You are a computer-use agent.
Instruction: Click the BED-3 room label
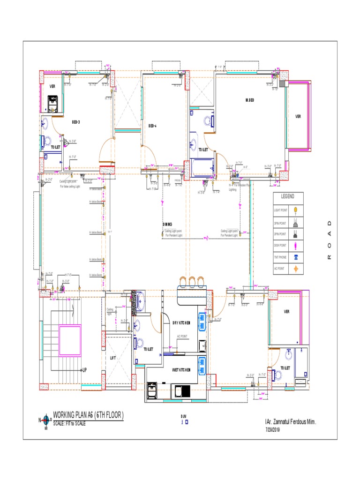pyautogui.click(x=76, y=122)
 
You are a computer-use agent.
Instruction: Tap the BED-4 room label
pyautogui.click(x=152, y=126)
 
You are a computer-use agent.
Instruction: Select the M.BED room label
pyautogui.click(x=250, y=100)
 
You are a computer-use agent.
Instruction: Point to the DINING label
pyautogui.click(x=167, y=225)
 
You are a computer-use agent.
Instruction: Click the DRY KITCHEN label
pyautogui.click(x=181, y=323)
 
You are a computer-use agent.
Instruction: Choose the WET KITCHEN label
pyautogui.click(x=181, y=370)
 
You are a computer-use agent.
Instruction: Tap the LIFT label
pyautogui.click(x=113, y=358)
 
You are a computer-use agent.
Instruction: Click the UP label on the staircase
pyautogui.click(x=84, y=370)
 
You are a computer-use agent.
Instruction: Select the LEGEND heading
pyautogui.click(x=288, y=196)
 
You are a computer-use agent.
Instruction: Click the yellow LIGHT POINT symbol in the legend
pyautogui.click(x=296, y=210)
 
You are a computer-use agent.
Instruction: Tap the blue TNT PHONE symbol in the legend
pyautogui.click(x=296, y=257)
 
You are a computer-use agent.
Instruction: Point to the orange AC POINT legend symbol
pyautogui.click(x=296, y=269)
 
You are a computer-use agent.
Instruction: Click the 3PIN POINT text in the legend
pyautogui.click(x=280, y=224)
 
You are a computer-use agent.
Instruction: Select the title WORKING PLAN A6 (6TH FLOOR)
pyautogui.click(x=88, y=415)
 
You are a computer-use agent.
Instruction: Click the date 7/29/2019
pyautogui.click(x=272, y=429)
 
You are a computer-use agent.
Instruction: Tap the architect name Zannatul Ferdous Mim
pyautogui.click(x=291, y=422)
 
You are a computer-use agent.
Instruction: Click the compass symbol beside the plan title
pyautogui.click(x=46, y=420)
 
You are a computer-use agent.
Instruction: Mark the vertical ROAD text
pyautogui.click(x=329, y=240)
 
